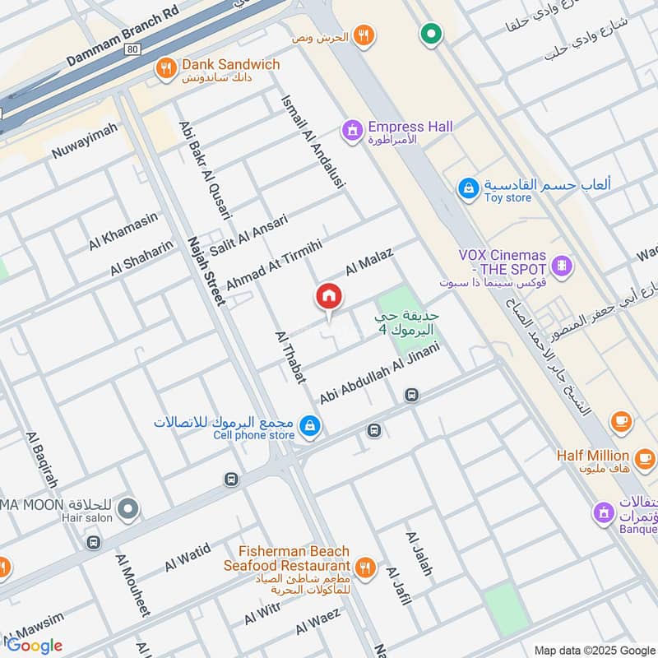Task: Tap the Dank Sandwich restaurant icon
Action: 166,69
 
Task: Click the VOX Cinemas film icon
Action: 562,265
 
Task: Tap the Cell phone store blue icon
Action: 311,425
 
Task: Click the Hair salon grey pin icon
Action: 127,510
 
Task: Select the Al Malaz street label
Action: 369,262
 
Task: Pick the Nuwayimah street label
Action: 85,141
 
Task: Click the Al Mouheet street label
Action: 132,585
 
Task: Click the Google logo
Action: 35,645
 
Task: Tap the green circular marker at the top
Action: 431,34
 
